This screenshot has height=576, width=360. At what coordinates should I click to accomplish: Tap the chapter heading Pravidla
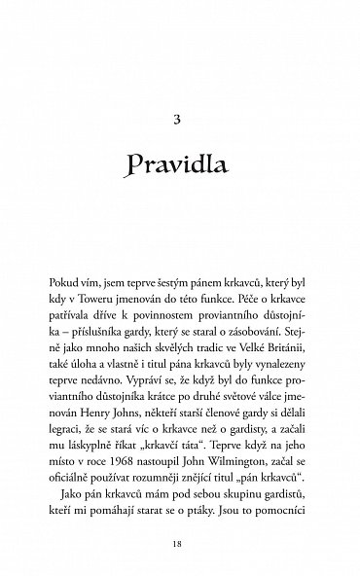click(x=180, y=167)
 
